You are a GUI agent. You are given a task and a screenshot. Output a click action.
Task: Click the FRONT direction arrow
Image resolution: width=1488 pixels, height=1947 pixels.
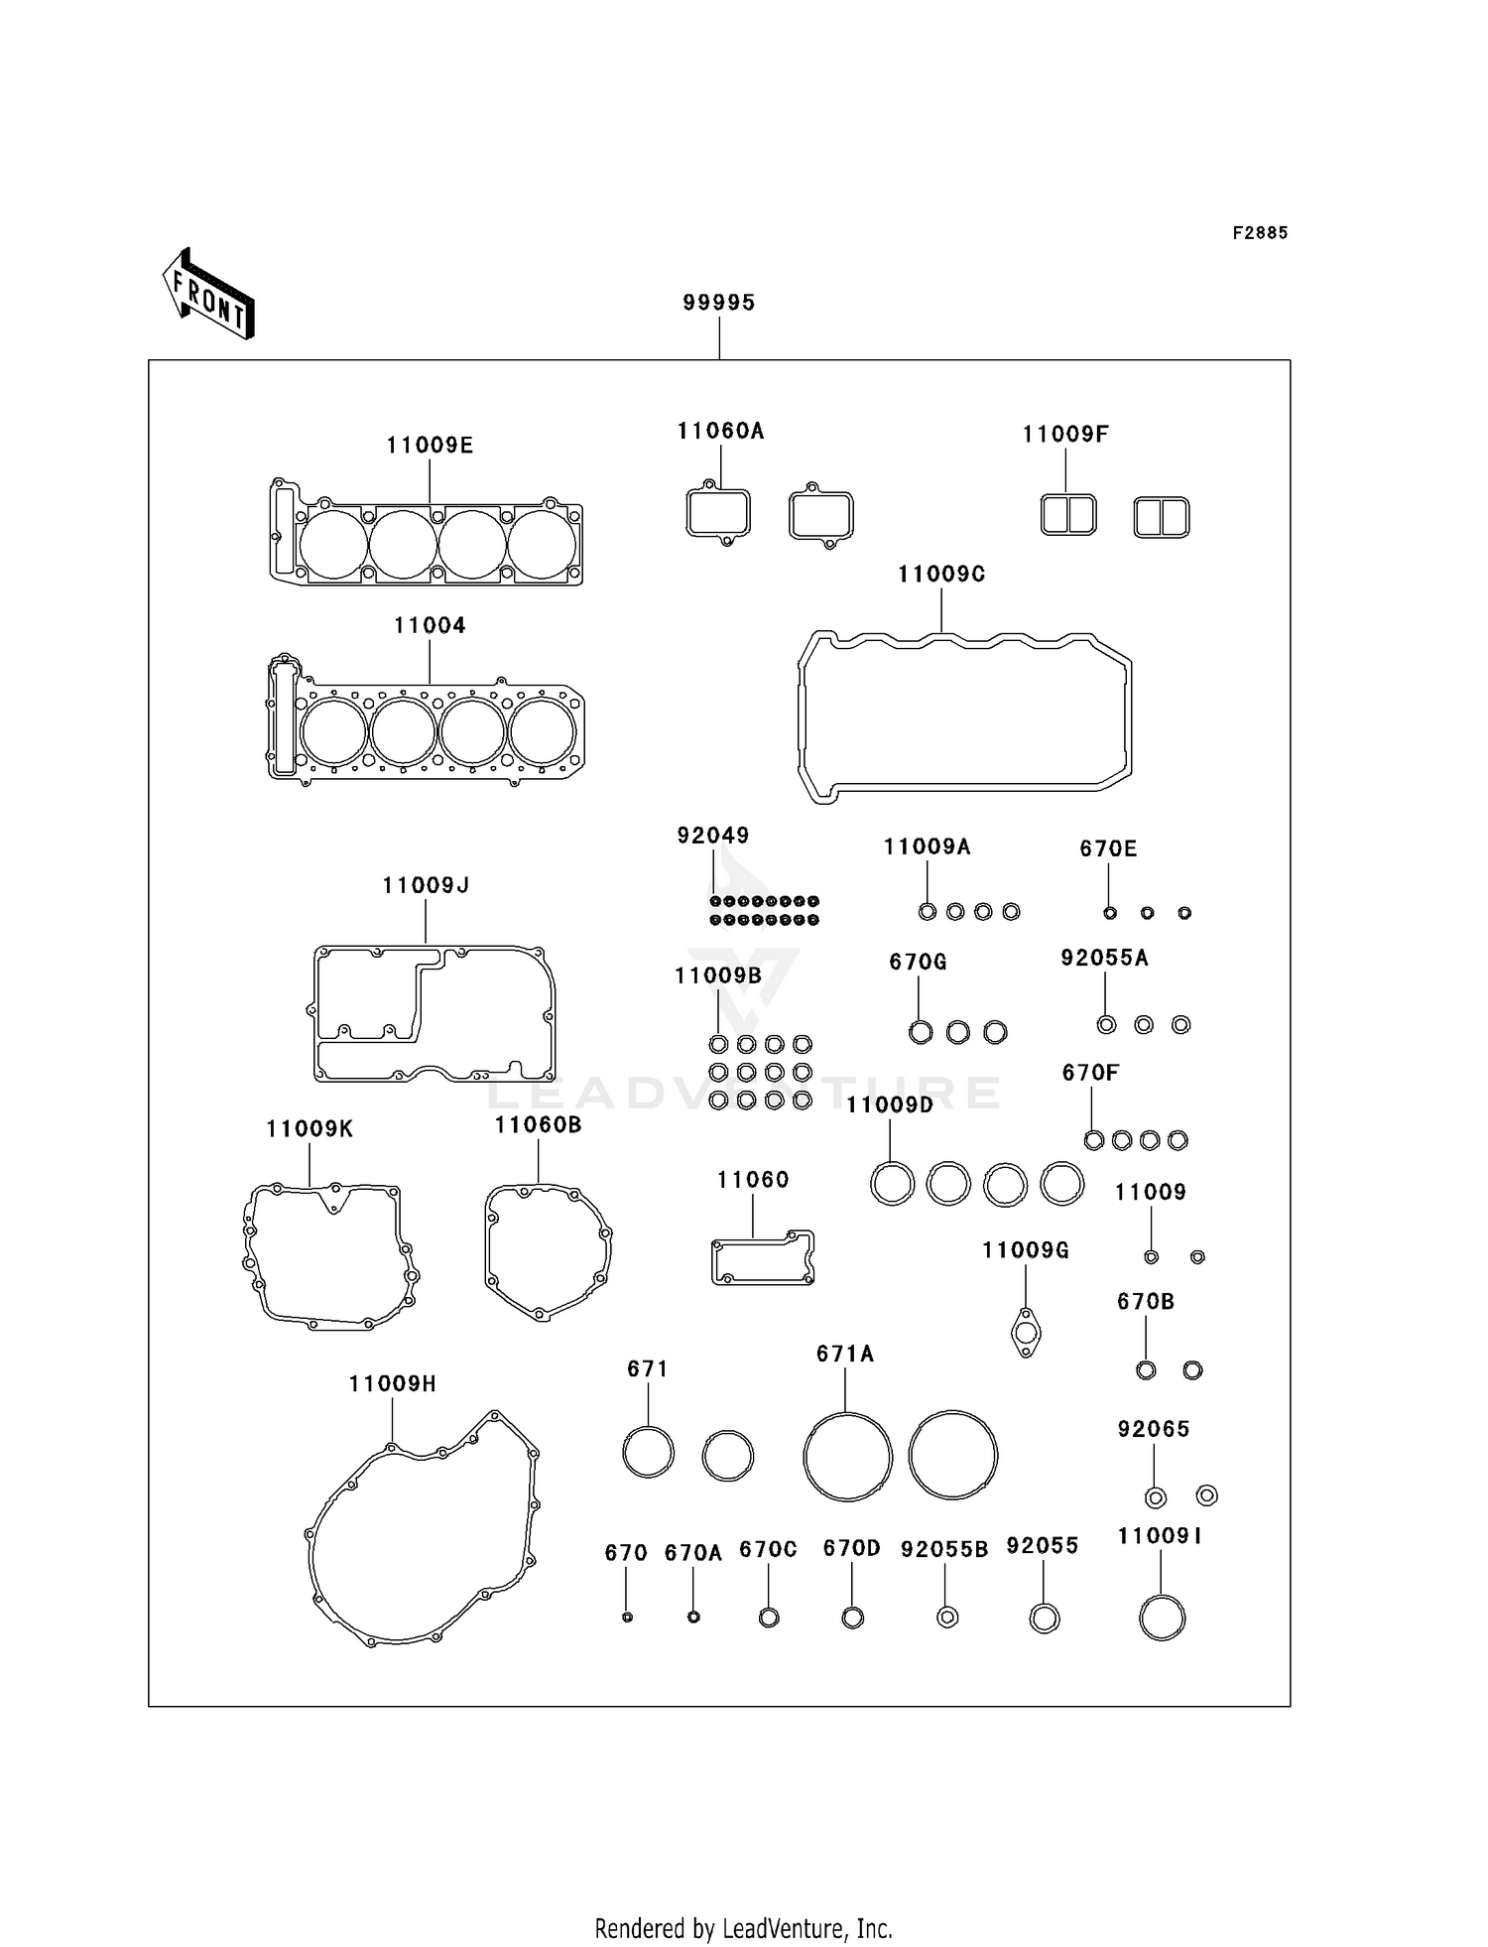point(208,295)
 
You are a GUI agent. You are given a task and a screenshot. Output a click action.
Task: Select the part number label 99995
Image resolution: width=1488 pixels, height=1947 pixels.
point(718,303)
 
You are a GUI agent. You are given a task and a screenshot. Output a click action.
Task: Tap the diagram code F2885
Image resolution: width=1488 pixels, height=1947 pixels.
point(1260,233)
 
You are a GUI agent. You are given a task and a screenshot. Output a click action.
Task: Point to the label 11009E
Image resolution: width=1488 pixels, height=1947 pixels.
point(430,446)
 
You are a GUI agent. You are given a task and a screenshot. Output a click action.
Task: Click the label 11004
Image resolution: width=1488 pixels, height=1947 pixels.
point(430,625)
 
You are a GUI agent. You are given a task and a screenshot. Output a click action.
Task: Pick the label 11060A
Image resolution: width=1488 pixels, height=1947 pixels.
point(720,431)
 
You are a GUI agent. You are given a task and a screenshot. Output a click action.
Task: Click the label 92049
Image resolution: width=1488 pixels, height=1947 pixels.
point(713,836)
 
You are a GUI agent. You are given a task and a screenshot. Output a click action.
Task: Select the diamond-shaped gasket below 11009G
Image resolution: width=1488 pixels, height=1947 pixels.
point(1026,1333)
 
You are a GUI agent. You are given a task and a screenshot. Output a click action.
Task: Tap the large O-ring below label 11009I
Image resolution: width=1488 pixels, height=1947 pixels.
point(1162,1618)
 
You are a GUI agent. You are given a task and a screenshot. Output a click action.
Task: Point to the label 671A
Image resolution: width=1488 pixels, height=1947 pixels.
point(845,1354)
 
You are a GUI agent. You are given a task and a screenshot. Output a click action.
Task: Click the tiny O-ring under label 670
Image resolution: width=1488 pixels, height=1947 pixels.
point(627,1618)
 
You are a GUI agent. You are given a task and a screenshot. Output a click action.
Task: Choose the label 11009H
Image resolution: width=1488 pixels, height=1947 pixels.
point(392,1383)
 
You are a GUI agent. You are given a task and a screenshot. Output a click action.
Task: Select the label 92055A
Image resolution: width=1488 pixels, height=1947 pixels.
point(1104,958)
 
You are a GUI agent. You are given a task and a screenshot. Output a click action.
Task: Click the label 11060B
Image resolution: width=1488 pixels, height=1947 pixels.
point(538,1124)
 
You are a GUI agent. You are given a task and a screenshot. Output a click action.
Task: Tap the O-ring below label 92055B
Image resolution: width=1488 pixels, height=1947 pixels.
point(947,1618)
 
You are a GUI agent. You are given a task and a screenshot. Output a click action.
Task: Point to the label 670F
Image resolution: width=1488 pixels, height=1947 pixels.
point(1090,1073)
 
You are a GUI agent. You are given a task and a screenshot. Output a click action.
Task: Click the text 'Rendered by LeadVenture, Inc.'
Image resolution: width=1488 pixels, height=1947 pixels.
point(743,1928)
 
